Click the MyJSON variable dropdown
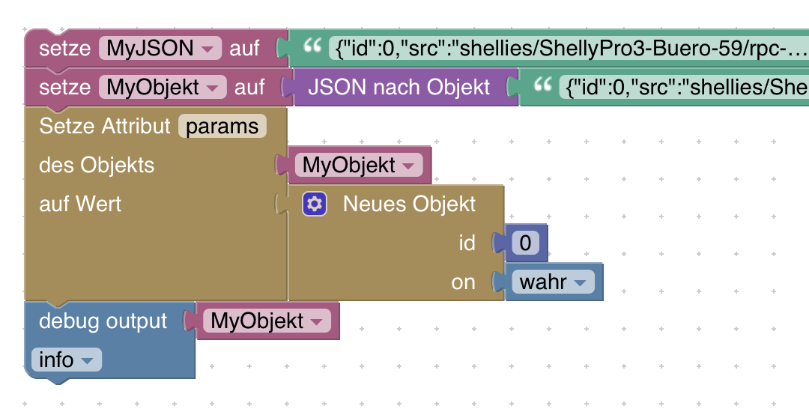tap(160, 49)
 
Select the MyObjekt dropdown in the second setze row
tap(162, 88)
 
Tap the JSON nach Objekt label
tap(399, 88)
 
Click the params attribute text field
tap(222, 127)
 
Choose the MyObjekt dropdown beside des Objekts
tap(358, 166)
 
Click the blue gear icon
tap(315, 204)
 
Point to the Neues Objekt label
tap(409, 204)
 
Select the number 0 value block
tap(525, 243)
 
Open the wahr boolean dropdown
tap(553, 282)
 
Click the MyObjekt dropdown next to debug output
tap(267, 321)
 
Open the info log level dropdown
tap(66, 360)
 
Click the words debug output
tap(103, 321)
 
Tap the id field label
tap(467, 243)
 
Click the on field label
tap(464, 282)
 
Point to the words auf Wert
tap(80, 204)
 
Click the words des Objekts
tap(97, 166)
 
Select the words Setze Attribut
tap(105, 127)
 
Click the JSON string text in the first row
tap(569, 49)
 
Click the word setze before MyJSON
tap(64, 49)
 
